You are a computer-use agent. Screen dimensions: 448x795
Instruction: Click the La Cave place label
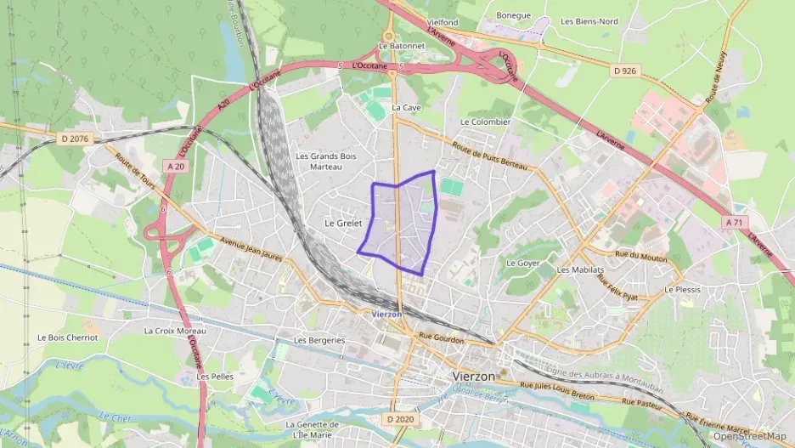click(406, 108)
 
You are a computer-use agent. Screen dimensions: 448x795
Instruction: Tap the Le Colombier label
click(484, 122)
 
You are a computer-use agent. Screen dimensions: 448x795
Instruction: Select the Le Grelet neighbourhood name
click(343, 223)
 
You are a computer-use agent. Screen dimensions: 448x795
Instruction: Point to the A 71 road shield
click(735, 221)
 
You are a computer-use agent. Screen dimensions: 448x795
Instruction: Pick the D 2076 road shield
click(75, 138)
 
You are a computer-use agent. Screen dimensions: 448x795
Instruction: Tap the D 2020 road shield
click(398, 419)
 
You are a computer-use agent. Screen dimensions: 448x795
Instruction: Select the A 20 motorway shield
click(175, 167)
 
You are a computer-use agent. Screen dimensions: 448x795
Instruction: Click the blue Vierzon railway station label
click(387, 314)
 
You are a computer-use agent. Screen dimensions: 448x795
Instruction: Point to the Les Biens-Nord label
click(589, 22)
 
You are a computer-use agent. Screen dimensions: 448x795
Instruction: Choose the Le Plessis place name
click(683, 290)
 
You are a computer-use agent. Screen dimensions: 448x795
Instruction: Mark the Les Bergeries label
click(319, 340)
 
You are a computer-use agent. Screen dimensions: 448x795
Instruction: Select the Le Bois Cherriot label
click(67, 337)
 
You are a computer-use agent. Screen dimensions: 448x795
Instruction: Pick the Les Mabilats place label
click(580, 269)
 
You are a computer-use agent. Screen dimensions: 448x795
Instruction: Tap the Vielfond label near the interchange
click(442, 21)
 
